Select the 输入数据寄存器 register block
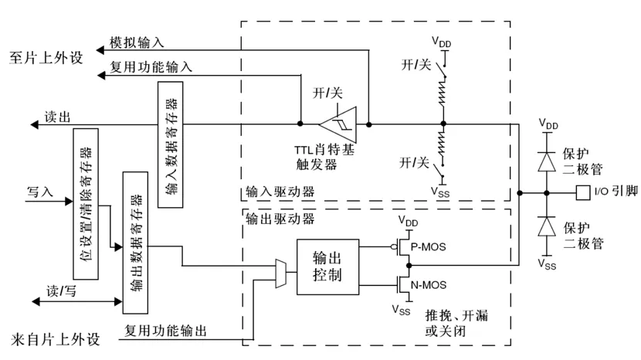click(x=171, y=144)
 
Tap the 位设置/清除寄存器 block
click(x=85, y=202)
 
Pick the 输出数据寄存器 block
click(x=136, y=243)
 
